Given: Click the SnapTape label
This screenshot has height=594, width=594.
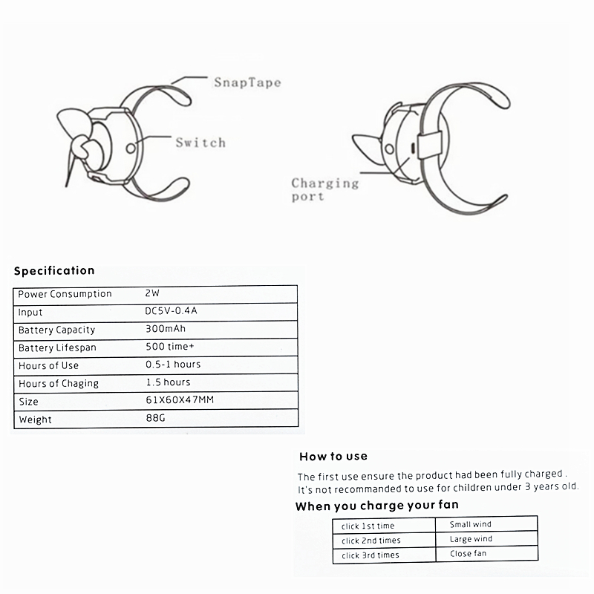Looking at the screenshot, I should pyautogui.click(x=247, y=82).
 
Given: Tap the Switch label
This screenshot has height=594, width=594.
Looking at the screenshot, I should pyautogui.click(x=200, y=142).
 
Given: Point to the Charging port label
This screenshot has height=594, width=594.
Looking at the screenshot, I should pyautogui.click(x=324, y=189).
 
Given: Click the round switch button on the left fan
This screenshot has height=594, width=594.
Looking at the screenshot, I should pyautogui.click(x=131, y=148).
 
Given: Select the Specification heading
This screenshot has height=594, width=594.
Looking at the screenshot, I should pyautogui.click(x=54, y=270).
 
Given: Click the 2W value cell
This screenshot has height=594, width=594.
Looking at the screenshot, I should pyautogui.click(x=153, y=293).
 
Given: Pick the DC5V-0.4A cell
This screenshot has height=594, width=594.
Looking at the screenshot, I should pyautogui.click(x=172, y=312).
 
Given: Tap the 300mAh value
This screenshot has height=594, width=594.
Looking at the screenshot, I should pyautogui.click(x=166, y=329).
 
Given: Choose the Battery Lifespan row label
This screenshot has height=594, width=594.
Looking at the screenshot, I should pyautogui.click(x=57, y=347).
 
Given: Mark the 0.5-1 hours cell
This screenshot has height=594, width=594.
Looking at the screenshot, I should pyautogui.click(x=173, y=365).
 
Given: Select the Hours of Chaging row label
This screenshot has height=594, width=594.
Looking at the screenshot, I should pyautogui.click(x=58, y=383).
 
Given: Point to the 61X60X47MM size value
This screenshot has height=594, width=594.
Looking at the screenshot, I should pyautogui.click(x=180, y=400).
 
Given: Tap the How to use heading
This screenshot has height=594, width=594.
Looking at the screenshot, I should pyautogui.click(x=333, y=456).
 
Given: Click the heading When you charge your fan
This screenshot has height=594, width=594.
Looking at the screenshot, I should pyautogui.click(x=376, y=506).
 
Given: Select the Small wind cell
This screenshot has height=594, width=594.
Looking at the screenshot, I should pyautogui.click(x=471, y=525).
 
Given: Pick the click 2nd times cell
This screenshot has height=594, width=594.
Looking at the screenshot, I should pyautogui.click(x=371, y=541).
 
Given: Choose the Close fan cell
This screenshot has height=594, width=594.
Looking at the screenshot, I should pyautogui.click(x=468, y=554).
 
